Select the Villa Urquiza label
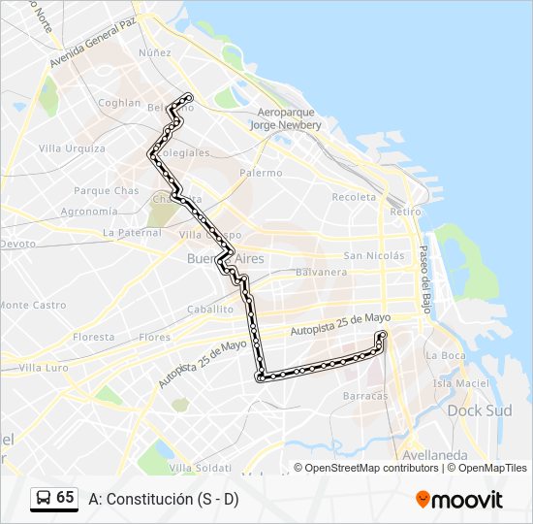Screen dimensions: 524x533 click(x=72, y=148)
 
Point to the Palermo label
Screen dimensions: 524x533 click(x=261, y=173)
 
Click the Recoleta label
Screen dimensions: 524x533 click(x=354, y=197)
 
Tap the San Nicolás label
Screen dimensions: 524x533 click(x=373, y=256)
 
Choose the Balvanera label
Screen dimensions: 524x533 click(x=322, y=273)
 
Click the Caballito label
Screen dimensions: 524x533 click(x=210, y=309)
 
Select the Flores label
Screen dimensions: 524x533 click(x=155, y=338)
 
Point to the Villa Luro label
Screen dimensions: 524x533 click(x=44, y=368)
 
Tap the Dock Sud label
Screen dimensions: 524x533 click(x=479, y=410)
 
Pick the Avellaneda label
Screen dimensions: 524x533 click(x=436, y=455)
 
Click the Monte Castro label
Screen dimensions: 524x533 click(x=33, y=305)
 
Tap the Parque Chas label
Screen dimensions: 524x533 click(x=107, y=191)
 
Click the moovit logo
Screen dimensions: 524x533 click(x=459, y=500)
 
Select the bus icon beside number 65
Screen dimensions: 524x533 click(x=43, y=498)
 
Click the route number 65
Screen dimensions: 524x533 click(x=65, y=497)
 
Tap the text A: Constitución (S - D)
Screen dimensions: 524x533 click(x=163, y=500)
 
